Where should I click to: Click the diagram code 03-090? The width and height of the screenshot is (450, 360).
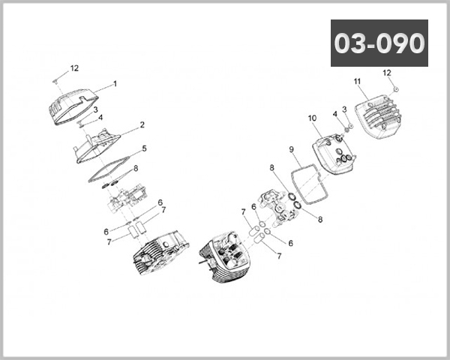(x=379, y=43)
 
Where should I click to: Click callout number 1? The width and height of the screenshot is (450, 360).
(x=115, y=84)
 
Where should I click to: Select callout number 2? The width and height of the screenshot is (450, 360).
(x=142, y=124)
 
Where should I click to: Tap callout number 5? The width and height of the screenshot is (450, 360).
(x=144, y=148)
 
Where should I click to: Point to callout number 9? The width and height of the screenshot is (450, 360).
(x=291, y=149)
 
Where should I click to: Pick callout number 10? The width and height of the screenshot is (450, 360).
(x=312, y=118)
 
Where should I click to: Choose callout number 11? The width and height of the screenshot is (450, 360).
(x=357, y=81)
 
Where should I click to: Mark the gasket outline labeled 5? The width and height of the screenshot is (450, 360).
(x=112, y=166)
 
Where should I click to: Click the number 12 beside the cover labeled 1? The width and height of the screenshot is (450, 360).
(x=74, y=68)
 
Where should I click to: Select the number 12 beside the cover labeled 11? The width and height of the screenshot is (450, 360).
(x=387, y=73)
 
